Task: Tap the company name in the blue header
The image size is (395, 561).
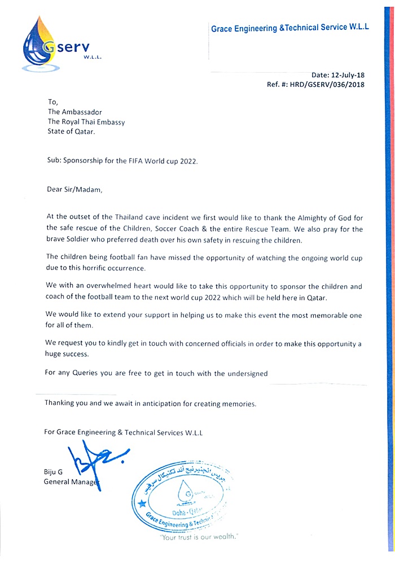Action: click(x=289, y=28)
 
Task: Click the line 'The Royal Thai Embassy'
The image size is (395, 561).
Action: click(x=86, y=121)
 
